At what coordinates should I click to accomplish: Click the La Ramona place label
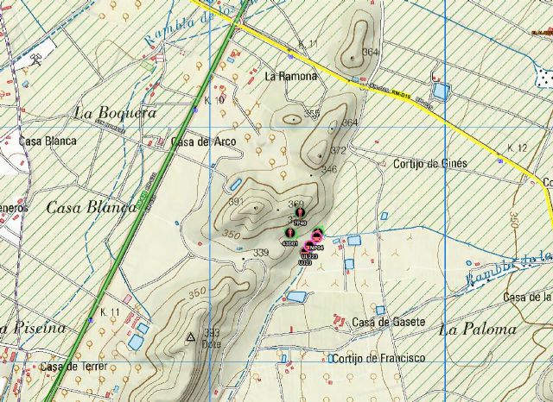click(x=291, y=76)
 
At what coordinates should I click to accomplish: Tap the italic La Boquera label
click(x=115, y=112)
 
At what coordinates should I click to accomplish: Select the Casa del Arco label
click(x=203, y=141)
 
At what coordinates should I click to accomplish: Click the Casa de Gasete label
click(x=389, y=322)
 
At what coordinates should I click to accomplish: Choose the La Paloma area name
click(x=477, y=329)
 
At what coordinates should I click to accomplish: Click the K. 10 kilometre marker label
click(x=215, y=101)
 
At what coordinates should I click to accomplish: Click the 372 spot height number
click(x=338, y=151)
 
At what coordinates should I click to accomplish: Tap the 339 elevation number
click(x=261, y=253)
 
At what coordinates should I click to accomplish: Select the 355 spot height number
click(x=312, y=113)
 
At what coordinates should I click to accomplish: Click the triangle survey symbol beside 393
click(x=190, y=336)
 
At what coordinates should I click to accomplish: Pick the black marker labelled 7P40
click(x=300, y=212)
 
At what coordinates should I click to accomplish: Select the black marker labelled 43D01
click(x=289, y=234)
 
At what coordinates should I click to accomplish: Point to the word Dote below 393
click(x=212, y=344)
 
